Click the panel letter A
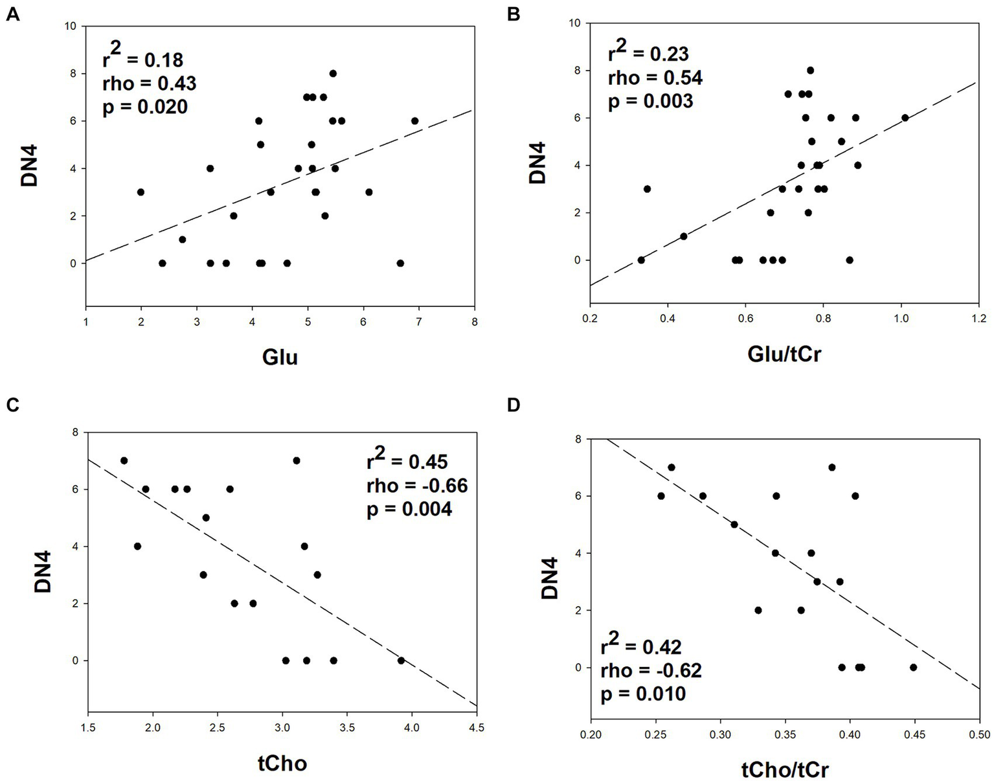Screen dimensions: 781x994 [12, 14]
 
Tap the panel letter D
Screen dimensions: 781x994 [514, 405]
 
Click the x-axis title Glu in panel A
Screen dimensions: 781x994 [280, 356]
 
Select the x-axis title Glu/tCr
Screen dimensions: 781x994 [784, 354]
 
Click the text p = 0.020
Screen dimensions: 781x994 [145, 107]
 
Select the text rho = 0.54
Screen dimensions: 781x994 [655, 78]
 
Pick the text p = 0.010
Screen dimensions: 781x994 [643, 694]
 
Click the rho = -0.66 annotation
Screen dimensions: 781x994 [416, 484]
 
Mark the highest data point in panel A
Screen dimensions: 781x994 [333, 73]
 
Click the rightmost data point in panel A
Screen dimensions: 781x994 [414, 120]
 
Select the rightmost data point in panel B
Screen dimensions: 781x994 [905, 118]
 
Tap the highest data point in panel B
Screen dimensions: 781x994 [810, 70]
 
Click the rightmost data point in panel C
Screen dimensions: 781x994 [401, 661]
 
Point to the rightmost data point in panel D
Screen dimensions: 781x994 [913, 667]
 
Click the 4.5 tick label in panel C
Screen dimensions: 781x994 [476, 727]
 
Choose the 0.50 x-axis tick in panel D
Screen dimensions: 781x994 [978, 735]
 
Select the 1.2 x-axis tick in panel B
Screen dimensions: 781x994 [978, 319]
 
